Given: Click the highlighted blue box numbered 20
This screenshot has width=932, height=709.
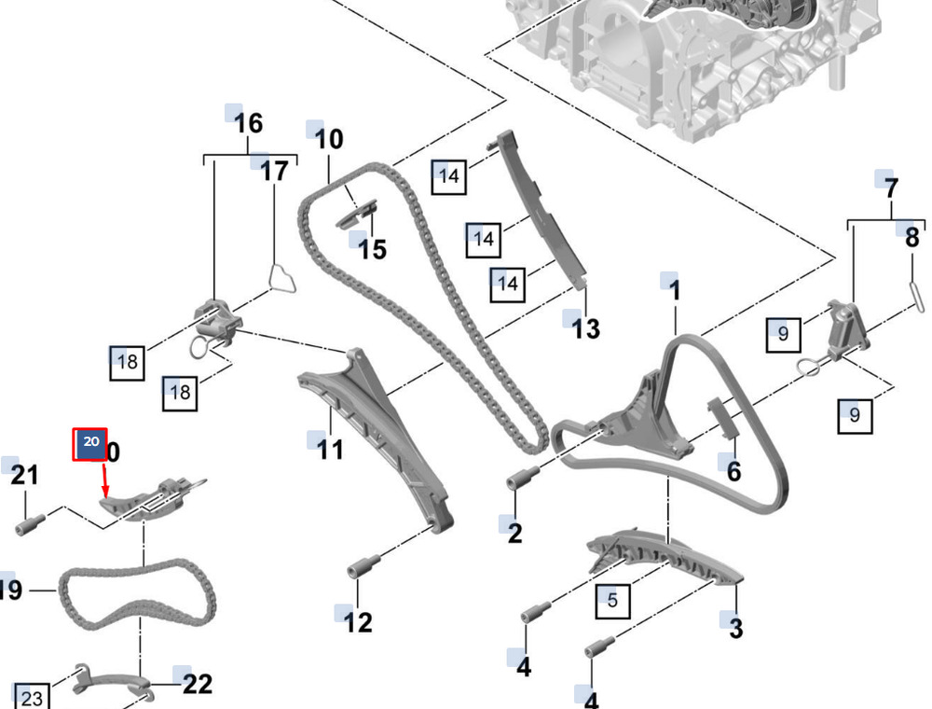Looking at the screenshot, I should tap(90, 444).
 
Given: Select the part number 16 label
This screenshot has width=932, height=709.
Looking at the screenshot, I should tap(248, 123).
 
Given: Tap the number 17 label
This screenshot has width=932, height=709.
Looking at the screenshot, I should tap(274, 171).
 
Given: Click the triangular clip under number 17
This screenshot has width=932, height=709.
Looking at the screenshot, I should tap(281, 279).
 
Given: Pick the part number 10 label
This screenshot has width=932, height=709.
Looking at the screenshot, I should tap(328, 140).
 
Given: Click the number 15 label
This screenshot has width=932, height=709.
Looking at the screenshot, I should tap(372, 249).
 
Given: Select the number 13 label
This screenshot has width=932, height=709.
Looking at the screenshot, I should tap(586, 328).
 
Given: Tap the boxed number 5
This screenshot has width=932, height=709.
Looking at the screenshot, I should tap(612, 600).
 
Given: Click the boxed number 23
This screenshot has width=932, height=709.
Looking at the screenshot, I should tap(32, 698).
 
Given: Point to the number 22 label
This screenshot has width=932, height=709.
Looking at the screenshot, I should tap(197, 685).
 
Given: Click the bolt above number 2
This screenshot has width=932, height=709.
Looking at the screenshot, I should tap(519, 480).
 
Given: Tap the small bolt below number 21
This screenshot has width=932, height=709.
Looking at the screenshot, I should tap(26, 524).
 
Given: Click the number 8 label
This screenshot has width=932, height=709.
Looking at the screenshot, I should tap(912, 237).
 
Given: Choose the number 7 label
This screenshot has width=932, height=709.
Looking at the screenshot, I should tap(892, 188).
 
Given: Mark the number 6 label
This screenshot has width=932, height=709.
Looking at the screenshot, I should tap(733, 471).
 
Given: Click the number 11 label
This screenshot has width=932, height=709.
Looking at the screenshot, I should tap(330, 450).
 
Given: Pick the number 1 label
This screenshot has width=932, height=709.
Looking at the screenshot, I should tap(675, 291).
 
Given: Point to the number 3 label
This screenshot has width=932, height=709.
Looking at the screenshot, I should tap(736, 629).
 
